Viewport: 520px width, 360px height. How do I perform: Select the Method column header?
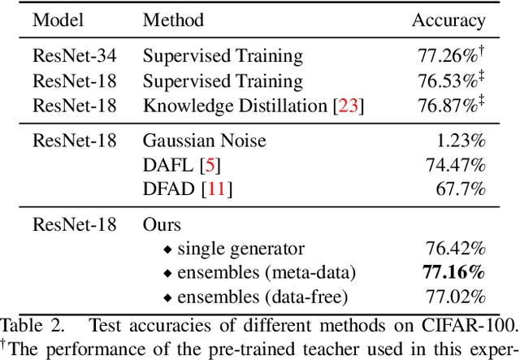click(173, 20)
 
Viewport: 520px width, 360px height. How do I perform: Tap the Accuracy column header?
click(448, 20)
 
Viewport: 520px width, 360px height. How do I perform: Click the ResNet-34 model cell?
click(75, 56)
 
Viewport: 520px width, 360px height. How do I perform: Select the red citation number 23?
click(349, 106)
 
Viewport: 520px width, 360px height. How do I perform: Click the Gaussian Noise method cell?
click(204, 140)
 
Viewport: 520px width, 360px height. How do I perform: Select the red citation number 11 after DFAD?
click(218, 189)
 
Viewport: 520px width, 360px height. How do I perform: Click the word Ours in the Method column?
click(162, 223)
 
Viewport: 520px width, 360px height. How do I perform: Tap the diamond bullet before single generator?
click(168, 248)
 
